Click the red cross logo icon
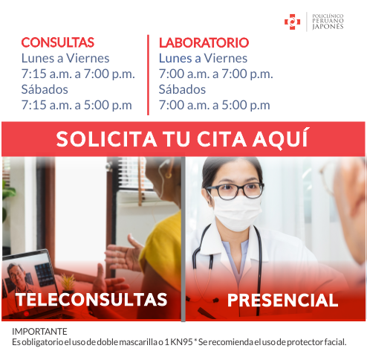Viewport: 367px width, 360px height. (292, 22)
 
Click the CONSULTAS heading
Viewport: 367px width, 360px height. (58, 42)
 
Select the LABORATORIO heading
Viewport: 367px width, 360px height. (204, 42)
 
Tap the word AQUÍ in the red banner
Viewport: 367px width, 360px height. (280, 138)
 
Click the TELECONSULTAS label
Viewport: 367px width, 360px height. (91, 300)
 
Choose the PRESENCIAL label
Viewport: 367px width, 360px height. (283, 300)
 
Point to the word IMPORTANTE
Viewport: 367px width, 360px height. (39, 332)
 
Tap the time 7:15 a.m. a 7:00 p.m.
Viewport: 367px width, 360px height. (78, 74)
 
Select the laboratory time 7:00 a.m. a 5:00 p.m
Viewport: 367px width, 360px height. (215, 105)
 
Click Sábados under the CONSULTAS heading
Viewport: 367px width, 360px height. (45, 89)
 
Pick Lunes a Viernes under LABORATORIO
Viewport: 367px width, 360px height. (203, 59)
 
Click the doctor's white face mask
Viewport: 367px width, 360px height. (236, 213)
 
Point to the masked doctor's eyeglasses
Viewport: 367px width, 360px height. (236, 191)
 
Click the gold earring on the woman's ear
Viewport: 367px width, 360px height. (169, 174)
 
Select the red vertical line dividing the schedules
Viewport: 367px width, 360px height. (148, 75)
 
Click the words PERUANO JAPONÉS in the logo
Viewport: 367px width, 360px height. (328, 24)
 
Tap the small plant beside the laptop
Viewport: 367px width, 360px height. (68, 283)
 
